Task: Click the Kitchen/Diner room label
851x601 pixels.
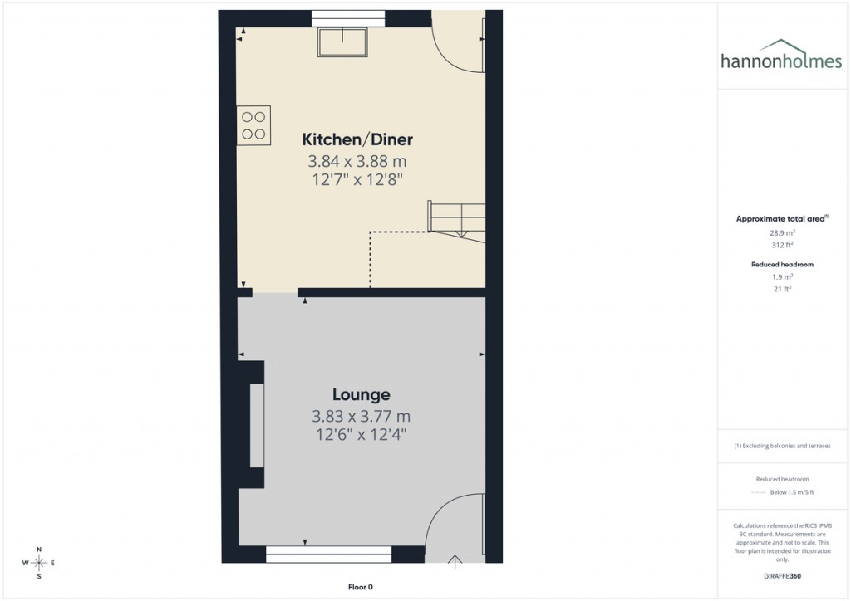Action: pyautogui.click(x=357, y=139)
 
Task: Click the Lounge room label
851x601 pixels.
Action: pyautogui.click(x=362, y=394)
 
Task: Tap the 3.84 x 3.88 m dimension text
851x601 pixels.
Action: pyautogui.click(x=357, y=161)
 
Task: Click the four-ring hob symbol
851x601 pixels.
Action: pyautogui.click(x=253, y=125)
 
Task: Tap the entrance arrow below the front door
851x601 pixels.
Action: pyautogui.click(x=455, y=563)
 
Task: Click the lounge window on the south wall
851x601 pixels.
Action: pyautogui.click(x=328, y=555)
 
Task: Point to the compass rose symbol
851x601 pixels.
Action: pyautogui.click(x=39, y=563)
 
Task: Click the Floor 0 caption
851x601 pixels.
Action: pyautogui.click(x=361, y=587)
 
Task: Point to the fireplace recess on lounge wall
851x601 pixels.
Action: pyautogui.click(x=255, y=428)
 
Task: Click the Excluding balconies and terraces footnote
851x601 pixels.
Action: pyautogui.click(x=782, y=446)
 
